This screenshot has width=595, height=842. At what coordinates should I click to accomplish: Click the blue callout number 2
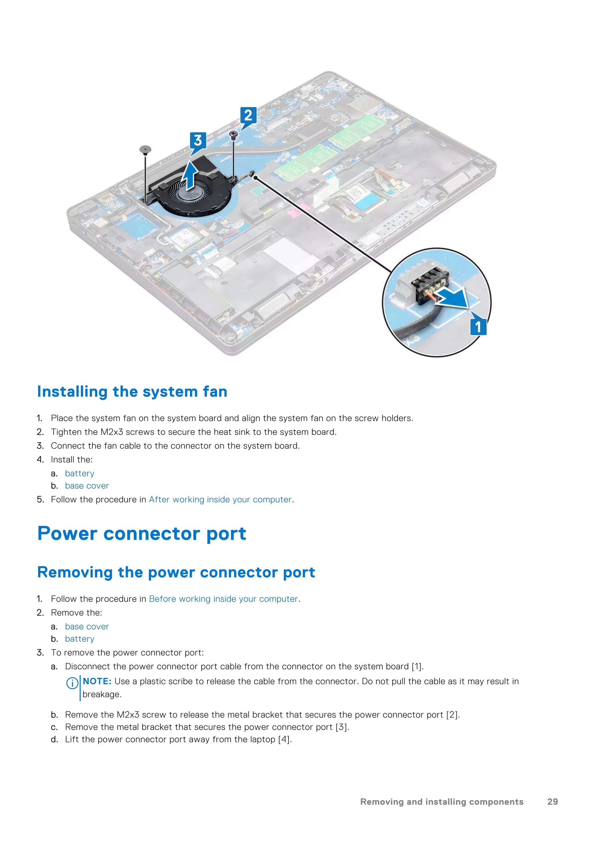(248, 115)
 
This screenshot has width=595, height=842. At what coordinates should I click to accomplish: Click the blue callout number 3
(198, 140)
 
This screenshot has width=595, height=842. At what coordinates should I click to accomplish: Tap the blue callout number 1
(478, 327)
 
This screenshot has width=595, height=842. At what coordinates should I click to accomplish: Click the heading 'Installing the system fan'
(132, 392)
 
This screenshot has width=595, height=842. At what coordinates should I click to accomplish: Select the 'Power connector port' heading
(142, 533)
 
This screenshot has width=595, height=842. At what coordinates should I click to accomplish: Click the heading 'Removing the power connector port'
(176, 572)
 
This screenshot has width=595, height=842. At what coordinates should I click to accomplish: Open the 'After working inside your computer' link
(220, 500)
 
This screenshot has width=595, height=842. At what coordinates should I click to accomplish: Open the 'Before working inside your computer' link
(223, 599)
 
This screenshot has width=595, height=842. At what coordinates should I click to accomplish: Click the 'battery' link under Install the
(80, 473)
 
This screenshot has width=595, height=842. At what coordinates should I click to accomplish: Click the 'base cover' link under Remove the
(87, 626)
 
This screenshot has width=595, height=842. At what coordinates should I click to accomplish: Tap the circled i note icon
(72, 683)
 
